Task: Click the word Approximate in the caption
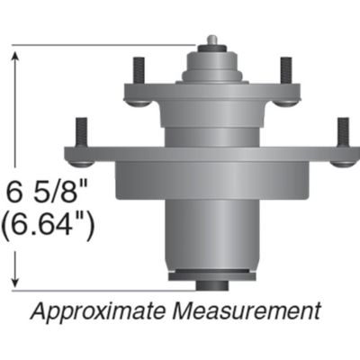point(89,312)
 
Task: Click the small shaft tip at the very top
point(211,40)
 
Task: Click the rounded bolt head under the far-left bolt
point(80,162)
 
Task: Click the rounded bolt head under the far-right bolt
point(343,162)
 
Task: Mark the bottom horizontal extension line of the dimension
point(99,290)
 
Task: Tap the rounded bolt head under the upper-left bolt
point(138,101)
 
